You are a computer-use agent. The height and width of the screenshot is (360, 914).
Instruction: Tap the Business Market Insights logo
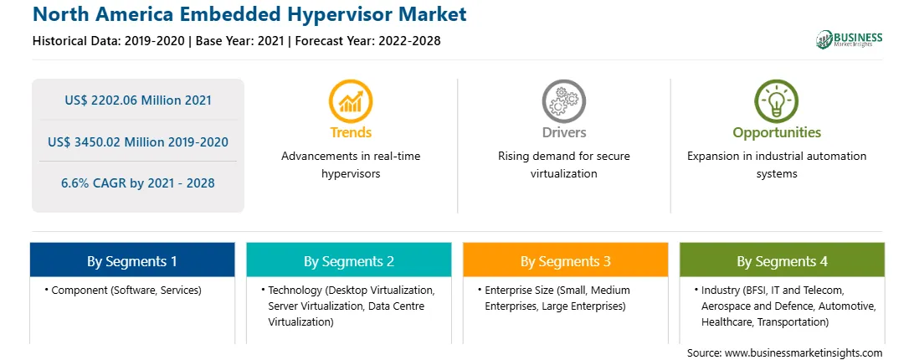850,39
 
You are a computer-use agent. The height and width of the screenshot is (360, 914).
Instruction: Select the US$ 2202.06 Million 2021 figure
138,100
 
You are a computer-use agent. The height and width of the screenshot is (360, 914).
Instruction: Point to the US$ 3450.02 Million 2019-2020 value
138,141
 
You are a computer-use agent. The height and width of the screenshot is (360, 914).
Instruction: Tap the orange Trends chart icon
351,101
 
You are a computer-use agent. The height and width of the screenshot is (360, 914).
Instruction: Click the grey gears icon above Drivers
563,101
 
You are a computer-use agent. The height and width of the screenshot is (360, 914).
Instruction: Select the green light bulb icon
777,101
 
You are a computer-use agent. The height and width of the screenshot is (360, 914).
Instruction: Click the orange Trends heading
351,132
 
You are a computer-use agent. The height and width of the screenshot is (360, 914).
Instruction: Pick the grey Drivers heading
564,132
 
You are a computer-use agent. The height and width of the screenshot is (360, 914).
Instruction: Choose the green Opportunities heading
777,133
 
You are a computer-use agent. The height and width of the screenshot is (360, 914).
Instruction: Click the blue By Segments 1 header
132,260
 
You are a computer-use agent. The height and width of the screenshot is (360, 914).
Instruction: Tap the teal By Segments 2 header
348,260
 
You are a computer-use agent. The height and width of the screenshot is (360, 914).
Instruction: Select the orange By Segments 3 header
566,260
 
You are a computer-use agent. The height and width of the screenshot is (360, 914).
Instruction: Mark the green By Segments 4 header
783,260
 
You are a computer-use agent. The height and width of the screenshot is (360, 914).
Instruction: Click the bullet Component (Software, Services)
123,291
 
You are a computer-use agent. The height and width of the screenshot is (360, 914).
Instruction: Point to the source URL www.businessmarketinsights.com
804,353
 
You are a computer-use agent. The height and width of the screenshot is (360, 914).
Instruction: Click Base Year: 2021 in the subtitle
240,41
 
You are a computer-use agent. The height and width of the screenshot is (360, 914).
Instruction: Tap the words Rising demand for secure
563,157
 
